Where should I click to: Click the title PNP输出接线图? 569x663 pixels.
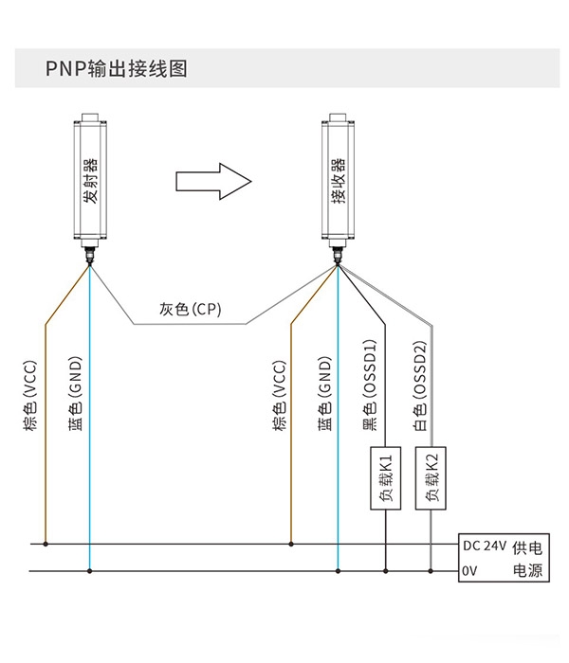click(x=116, y=68)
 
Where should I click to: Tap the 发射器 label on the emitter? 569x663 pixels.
click(x=90, y=181)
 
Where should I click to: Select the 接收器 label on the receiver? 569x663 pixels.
click(x=339, y=181)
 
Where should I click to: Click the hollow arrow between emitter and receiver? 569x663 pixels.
click(x=213, y=182)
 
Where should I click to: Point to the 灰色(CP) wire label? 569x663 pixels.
click(x=191, y=309)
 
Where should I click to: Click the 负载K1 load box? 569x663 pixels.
click(x=386, y=477)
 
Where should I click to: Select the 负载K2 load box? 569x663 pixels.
click(x=431, y=477)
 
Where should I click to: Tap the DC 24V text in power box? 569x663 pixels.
click(x=485, y=546)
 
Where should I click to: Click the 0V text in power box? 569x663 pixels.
click(x=469, y=571)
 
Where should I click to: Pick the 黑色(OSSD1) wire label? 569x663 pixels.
click(x=370, y=385)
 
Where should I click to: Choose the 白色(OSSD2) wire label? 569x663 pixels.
click(x=420, y=385)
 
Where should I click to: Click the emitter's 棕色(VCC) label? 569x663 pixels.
click(x=30, y=395)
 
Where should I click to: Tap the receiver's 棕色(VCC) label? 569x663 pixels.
click(x=280, y=395)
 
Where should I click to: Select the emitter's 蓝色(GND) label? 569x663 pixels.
click(x=75, y=394)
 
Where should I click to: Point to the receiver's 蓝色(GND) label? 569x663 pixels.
click(x=324, y=394)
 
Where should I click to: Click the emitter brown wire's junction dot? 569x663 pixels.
click(x=46, y=544)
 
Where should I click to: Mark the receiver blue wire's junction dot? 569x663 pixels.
click(x=338, y=571)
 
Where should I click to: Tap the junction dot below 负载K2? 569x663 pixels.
click(x=431, y=571)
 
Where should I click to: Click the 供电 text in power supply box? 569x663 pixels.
click(x=527, y=548)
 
